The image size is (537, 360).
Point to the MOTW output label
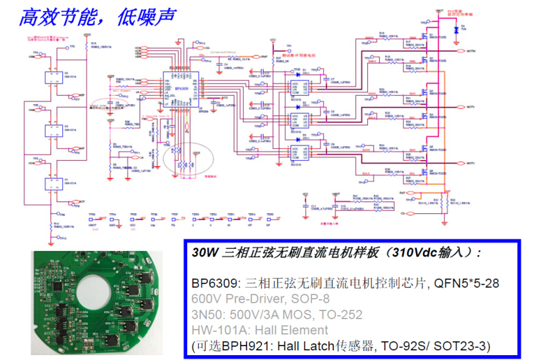472,52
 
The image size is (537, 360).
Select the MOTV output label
472,108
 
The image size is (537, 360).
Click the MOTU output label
472,163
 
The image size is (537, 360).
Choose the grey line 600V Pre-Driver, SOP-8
261,299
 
